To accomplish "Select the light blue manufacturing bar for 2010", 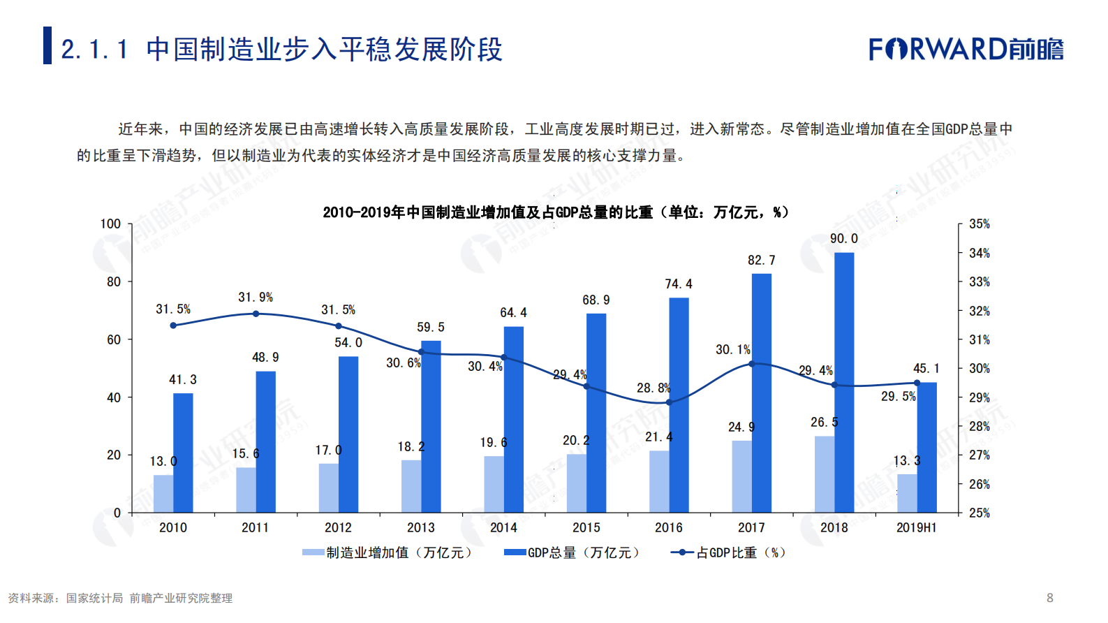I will tap(163, 494).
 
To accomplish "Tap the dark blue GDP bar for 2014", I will tap(514, 419).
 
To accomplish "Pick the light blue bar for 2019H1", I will tap(907, 493).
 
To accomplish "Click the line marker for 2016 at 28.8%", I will tap(669, 402).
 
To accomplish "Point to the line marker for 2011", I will tap(256, 314).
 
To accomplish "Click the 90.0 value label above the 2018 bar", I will tap(844, 239).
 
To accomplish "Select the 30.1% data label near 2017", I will tap(732, 349).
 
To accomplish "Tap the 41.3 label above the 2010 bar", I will tap(183, 379).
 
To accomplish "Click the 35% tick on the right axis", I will tap(979, 224).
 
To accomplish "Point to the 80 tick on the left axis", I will tap(114, 281).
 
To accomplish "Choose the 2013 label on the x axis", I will tap(421, 527).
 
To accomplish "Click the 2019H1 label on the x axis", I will tap(916, 527).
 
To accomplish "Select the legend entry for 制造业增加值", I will tap(387, 552).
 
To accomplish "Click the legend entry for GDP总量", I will tap(572, 552).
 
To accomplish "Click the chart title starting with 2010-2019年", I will tap(555, 212).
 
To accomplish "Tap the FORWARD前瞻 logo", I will tap(966, 49).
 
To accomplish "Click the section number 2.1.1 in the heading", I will tap(95, 50).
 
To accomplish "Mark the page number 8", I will tap(1049, 598).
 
